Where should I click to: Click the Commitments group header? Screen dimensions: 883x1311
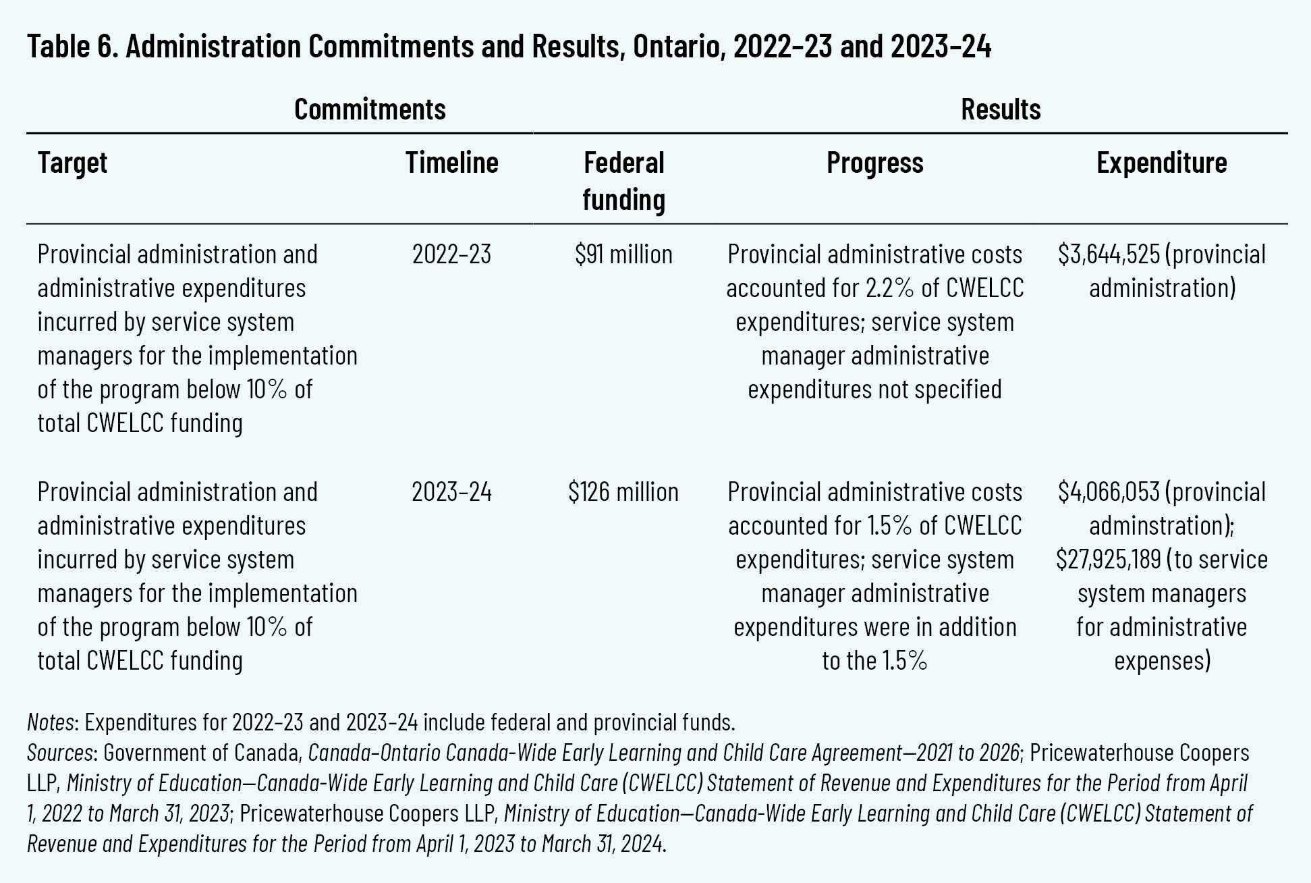point(370,109)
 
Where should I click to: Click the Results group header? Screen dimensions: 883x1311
point(1001,109)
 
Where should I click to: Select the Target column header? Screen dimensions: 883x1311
point(72,163)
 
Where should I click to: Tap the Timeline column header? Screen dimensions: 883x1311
point(451,163)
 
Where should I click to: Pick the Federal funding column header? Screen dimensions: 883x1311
point(623,181)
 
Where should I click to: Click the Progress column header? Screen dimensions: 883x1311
point(874,163)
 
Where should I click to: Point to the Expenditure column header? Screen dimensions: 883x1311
point(1161,163)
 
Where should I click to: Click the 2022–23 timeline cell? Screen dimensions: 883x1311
point(451,255)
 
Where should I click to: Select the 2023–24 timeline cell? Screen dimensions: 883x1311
point(451,492)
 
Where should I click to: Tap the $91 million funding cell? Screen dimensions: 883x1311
point(623,255)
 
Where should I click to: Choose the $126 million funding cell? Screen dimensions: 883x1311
point(623,492)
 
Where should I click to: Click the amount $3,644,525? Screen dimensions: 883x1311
point(1108,255)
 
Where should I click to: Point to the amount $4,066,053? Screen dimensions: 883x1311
point(1108,492)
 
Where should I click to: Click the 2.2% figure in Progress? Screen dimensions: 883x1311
point(889,288)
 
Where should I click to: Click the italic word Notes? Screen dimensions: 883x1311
point(50,722)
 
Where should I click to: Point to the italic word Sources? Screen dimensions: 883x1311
point(59,752)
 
